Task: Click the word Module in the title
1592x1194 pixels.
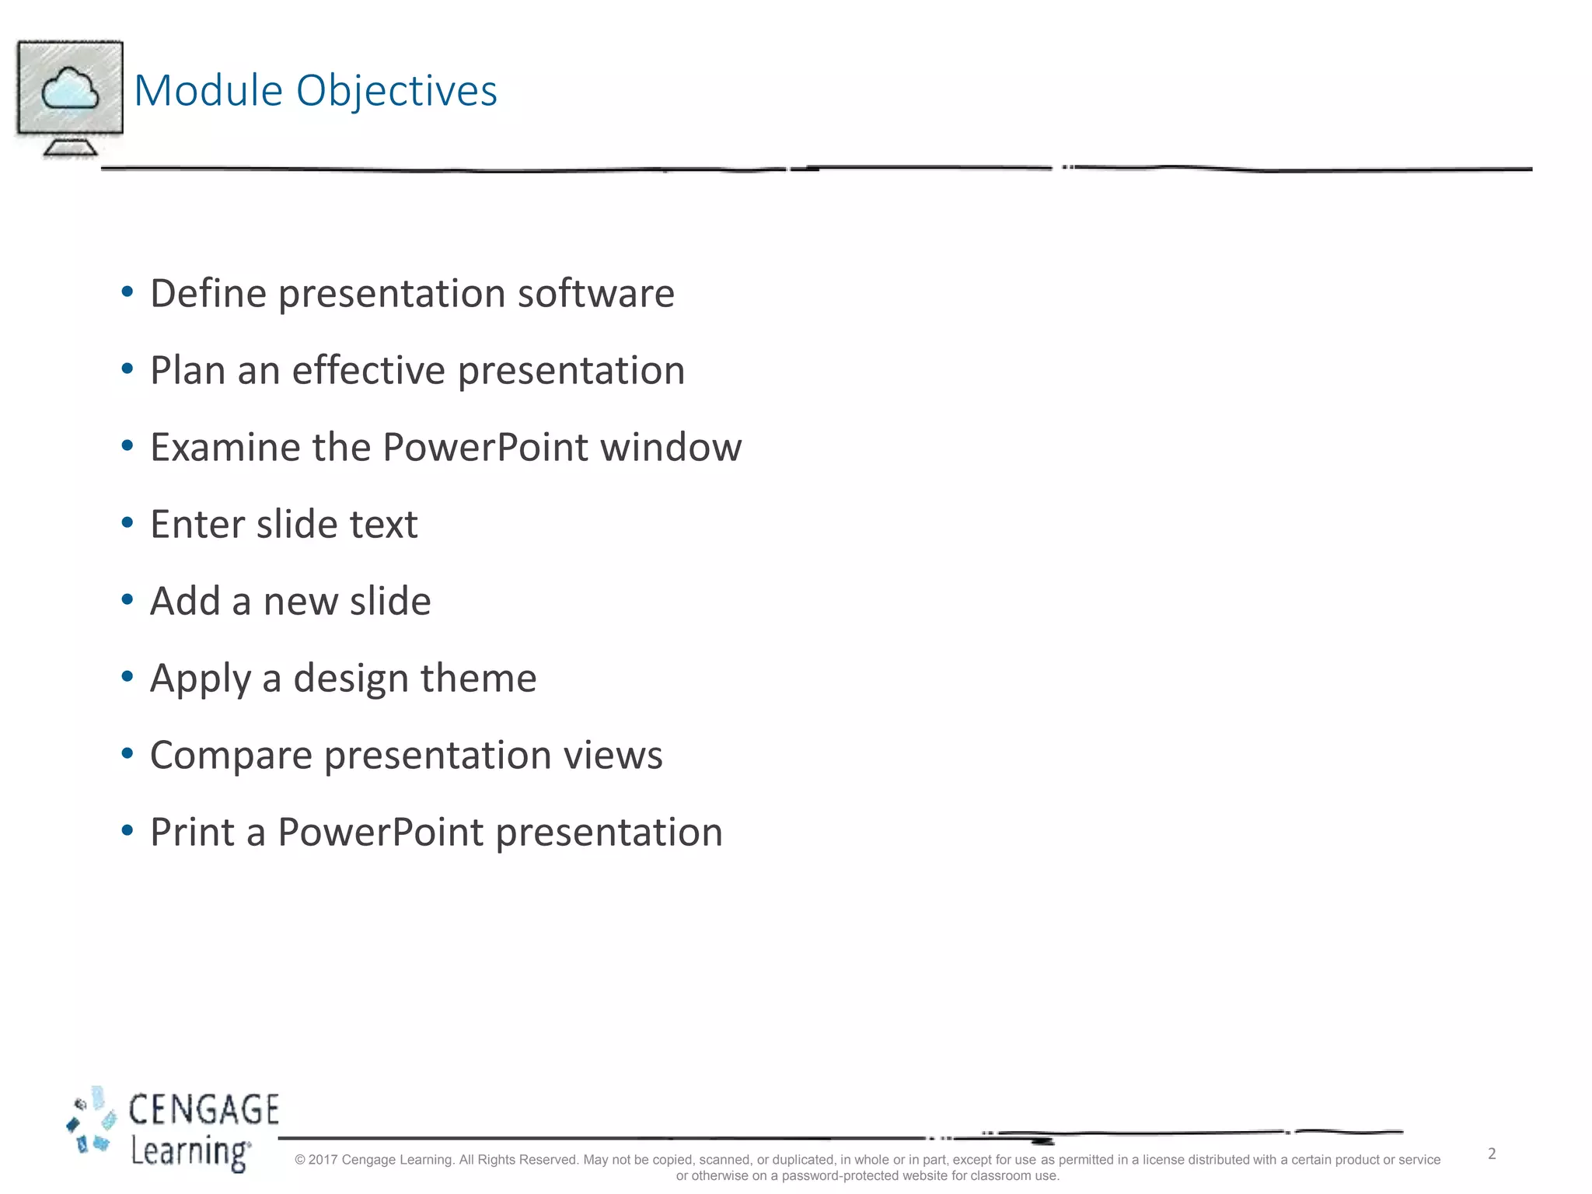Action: pos(208,91)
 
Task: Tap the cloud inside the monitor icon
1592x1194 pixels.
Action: pos(70,89)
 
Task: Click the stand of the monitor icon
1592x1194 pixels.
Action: pos(70,147)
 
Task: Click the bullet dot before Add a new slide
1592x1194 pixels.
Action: pos(127,600)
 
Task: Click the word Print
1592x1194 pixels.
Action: pos(192,833)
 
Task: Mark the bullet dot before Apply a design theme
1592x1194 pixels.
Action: pos(127,677)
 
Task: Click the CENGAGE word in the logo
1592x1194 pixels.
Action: pos(204,1110)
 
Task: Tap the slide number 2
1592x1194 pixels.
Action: pos(1492,1154)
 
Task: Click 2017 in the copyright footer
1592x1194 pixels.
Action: pos(323,1160)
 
